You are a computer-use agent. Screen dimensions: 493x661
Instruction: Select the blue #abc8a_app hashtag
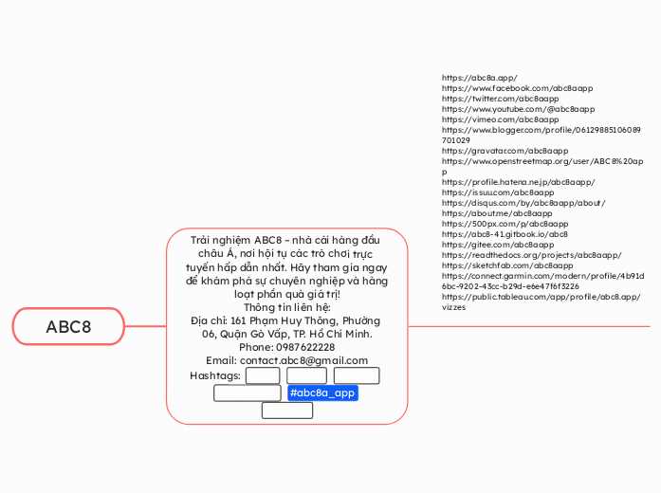(x=322, y=393)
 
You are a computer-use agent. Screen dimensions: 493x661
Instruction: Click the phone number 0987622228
(x=286, y=347)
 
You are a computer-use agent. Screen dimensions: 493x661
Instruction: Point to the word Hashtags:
(x=215, y=375)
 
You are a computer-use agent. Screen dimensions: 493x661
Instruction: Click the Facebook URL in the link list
(x=517, y=87)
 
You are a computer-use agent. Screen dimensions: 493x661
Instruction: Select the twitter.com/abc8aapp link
(x=500, y=98)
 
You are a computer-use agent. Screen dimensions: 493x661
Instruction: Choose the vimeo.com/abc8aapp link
(x=500, y=119)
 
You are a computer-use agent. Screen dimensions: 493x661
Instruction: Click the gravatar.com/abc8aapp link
(x=505, y=150)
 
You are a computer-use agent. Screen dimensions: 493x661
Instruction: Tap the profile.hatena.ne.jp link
(x=518, y=181)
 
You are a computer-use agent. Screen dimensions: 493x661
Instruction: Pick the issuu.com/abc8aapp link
(x=498, y=192)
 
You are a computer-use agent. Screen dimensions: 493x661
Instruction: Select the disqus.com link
(x=523, y=202)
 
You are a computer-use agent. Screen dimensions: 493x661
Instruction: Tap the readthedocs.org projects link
(x=531, y=254)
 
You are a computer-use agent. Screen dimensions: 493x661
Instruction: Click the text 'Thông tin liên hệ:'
(x=286, y=307)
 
